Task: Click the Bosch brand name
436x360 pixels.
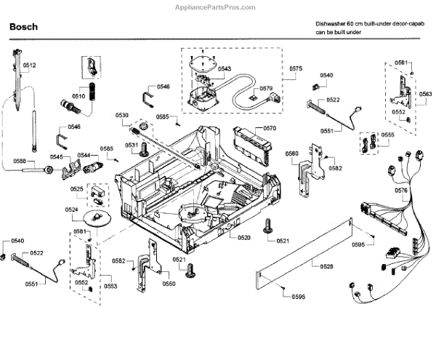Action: coord(24,28)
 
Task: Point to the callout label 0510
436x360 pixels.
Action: coord(79,95)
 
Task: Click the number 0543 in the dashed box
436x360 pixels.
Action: coord(225,68)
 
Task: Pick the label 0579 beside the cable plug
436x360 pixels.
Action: coord(265,89)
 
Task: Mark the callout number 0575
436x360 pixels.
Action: coord(295,69)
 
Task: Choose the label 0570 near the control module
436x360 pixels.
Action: coord(270,129)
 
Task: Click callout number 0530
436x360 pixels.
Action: coord(121,116)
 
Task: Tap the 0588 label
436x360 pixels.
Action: coord(20,161)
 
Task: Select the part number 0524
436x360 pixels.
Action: coord(71,209)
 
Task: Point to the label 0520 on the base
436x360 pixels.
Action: coord(243,238)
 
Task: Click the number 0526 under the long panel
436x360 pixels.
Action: coord(328,267)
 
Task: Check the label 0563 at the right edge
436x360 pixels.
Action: coord(425,94)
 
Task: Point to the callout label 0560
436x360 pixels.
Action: coord(291,153)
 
